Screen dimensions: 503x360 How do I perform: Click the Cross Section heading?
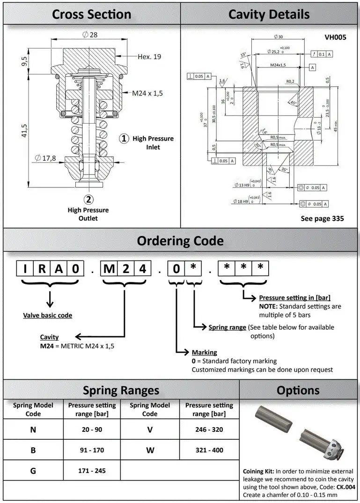[92, 14]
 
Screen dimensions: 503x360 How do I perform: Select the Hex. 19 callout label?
[149, 57]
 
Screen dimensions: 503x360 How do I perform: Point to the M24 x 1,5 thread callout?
[147, 93]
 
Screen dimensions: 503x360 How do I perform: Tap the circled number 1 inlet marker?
[124, 139]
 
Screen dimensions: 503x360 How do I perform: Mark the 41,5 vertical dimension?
[23, 130]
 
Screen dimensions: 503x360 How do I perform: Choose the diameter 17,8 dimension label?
[45, 158]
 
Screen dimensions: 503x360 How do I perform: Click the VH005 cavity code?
[335, 37]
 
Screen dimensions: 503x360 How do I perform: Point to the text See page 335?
[322, 219]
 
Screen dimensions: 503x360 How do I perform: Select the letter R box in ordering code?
[42, 269]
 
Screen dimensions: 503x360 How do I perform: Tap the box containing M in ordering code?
[109, 269]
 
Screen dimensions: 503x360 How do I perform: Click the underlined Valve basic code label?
[48, 315]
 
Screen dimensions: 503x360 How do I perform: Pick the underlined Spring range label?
[227, 327]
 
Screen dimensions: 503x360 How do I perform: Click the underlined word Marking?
[204, 352]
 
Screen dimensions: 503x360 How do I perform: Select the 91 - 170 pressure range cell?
[92, 450]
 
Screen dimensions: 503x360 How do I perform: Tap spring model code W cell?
[150, 450]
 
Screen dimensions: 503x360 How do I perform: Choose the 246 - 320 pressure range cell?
[209, 429]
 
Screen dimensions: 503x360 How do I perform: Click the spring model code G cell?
[33, 471]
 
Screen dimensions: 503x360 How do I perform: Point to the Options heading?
[298, 390]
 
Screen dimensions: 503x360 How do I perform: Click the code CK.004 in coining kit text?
[346, 487]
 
